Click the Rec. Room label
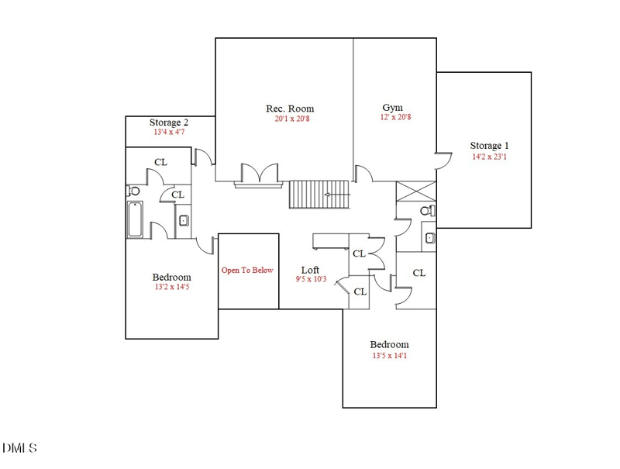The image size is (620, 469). click(290, 109)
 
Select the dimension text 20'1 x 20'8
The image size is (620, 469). click(290, 119)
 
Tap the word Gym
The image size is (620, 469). click(392, 107)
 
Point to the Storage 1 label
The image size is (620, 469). click(489, 146)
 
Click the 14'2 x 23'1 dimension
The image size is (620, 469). click(489, 157)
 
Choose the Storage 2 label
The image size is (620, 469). click(169, 122)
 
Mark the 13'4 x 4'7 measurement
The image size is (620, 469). click(169, 133)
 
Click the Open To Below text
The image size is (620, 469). click(247, 271)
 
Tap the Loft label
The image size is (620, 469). click(310, 270)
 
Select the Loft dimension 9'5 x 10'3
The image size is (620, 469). click(312, 279)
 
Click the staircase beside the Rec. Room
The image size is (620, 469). click(320, 195)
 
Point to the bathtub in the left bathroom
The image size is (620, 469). click(135, 219)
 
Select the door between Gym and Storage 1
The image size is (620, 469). click(442, 160)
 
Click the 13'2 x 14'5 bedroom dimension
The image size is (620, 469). click(171, 288)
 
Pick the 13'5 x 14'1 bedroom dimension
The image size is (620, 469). click(389, 356)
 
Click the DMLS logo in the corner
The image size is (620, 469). click(19, 448)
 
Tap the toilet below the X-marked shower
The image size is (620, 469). click(425, 211)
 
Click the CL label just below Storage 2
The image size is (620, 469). click(160, 163)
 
